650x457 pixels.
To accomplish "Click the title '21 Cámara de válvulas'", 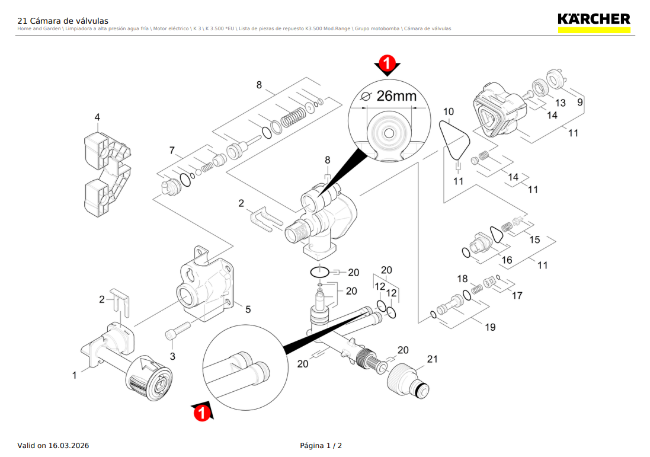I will (63, 21).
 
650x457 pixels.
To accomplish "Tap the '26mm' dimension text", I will (396, 96).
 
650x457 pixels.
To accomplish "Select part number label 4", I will (98, 117).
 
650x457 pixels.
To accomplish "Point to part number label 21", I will (432, 359).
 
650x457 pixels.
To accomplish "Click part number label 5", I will (248, 309).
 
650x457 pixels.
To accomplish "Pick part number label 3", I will (173, 356).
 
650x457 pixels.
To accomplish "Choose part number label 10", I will (449, 111).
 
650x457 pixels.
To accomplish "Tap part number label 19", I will (490, 327).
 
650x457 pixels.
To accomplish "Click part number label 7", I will (172, 150).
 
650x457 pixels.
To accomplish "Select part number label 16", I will (507, 260).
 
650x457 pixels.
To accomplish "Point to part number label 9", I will (579, 102).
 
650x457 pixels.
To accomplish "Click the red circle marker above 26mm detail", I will (387, 63).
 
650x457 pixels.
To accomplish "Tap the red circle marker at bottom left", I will (202, 412).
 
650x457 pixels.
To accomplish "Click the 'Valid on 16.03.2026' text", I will (53, 445).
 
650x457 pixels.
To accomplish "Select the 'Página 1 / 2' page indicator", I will (321, 445).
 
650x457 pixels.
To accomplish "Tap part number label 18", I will (462, 279).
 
